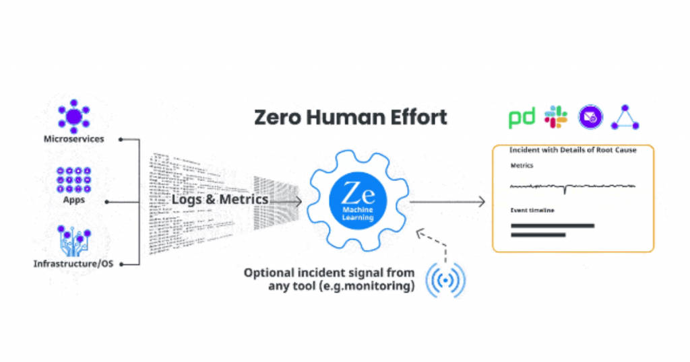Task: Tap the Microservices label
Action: click(73, 139)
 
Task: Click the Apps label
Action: click(73, 200)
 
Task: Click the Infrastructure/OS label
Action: click(73, 264)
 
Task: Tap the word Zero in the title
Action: click(278, 116)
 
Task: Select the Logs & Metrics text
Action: click(220, 200)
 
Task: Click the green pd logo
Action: click(521, 118)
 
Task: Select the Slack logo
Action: click(556, 117)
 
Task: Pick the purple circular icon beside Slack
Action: click(591, 117)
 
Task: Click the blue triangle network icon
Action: click(625, 118)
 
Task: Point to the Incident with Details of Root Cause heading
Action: click(573, 150)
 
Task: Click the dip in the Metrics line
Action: click(565, 191)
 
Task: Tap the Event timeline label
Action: click(532, 211)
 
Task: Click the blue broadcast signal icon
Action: click(445, 279)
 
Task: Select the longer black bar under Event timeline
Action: click(553, 225)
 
